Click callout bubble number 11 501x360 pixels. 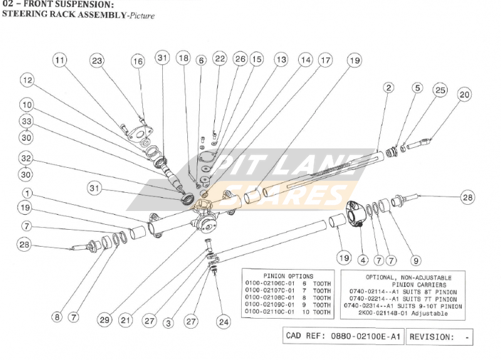59,61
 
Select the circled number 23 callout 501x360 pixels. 97,61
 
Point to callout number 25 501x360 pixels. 440,91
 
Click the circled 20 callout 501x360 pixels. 464,95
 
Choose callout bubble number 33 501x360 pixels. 27,121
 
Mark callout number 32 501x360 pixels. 27,158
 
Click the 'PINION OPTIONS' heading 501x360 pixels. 289,275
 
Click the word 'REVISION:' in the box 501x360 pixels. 431,336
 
